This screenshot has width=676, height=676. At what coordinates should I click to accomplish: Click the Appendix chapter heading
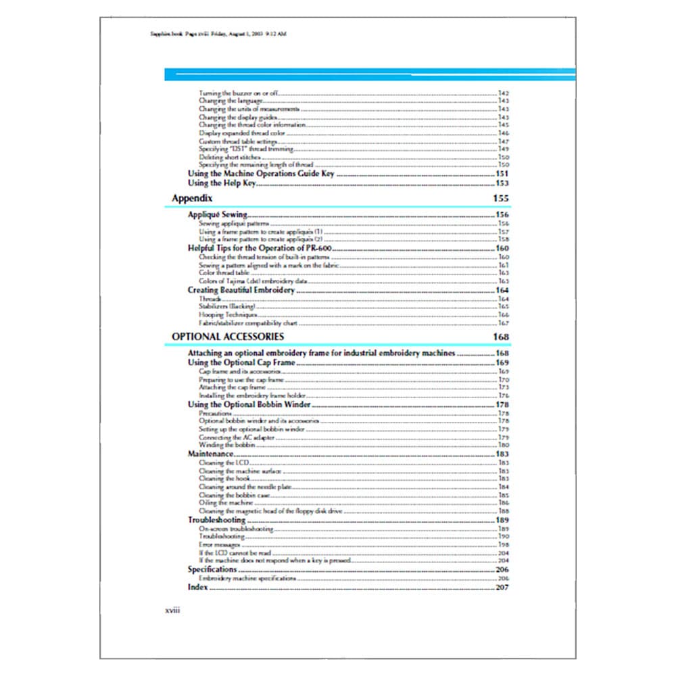point(193,199)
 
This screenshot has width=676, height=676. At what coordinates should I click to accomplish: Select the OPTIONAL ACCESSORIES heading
point(228,337)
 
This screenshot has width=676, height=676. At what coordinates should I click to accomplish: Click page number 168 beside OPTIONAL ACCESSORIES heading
point(500,337)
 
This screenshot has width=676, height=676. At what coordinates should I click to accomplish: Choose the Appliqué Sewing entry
point(217,215)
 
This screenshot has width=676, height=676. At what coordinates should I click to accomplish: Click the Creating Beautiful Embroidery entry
point(241,290)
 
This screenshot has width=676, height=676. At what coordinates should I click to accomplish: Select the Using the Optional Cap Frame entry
point(241,363)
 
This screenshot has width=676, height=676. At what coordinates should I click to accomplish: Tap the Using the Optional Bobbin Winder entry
point(249,404)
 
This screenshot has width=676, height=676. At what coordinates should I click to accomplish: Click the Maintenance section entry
point(210,454)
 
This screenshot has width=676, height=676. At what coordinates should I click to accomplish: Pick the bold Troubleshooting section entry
point(216,521)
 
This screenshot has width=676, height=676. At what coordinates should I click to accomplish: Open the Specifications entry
point(212,570)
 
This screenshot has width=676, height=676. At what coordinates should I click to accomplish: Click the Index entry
point(197,588)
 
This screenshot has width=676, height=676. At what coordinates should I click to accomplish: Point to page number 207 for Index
point(502,588)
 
